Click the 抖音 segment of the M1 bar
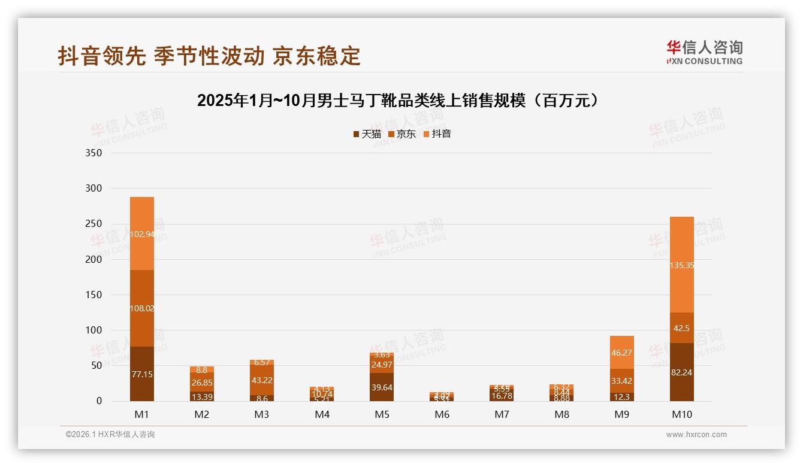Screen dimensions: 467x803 (x=142, y=233)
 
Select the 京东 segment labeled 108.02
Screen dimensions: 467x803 (x=142, y=308)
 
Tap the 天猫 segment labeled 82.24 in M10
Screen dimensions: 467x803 (x=681, y=372)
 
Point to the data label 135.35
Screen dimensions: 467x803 (x=681, y=265)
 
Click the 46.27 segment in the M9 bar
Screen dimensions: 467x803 (x=621, y=353)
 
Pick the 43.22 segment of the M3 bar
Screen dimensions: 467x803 (x=262, y=380)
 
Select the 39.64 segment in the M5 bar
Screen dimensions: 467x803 (x=382, y=387)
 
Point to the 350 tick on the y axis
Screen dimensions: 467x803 (x=94, y=153)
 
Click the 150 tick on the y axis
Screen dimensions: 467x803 (x=94, y=295)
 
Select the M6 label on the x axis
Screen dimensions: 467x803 (x=442, y=414)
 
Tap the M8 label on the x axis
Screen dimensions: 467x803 (x=562, y=414)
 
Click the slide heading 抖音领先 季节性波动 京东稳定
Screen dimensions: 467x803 (x=209, y=56)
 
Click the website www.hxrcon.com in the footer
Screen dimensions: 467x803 (x=696, y=435)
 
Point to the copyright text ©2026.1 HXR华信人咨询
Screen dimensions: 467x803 (x=110, y=435)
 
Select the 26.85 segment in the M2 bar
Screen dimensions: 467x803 (x=202, y=382)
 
